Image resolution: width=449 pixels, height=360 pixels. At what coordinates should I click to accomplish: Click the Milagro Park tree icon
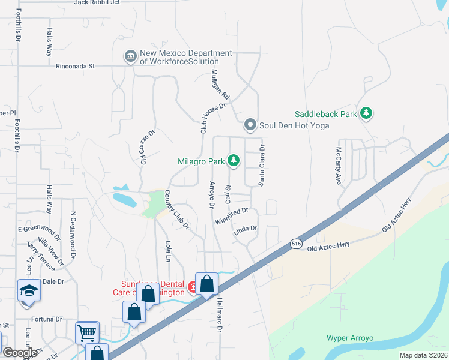pos(234,161)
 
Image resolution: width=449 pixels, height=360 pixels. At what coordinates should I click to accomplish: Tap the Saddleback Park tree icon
pos(366,113)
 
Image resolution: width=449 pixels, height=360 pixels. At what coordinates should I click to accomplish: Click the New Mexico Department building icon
pos(130,57)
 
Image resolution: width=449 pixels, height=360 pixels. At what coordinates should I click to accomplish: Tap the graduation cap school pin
pos(29,291)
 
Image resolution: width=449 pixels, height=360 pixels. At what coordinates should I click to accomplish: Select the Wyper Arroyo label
pos(350,338)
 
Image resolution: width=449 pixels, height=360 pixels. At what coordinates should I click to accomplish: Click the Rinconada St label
pos(75,67)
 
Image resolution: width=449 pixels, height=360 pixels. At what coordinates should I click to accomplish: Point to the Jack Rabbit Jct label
pos(97,2)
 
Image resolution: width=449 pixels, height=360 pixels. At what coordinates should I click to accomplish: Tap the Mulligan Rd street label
pos(221,84)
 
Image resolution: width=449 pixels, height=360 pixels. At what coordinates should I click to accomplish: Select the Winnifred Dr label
pos(232,216)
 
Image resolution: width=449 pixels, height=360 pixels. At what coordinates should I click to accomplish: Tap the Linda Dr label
pos(245,229)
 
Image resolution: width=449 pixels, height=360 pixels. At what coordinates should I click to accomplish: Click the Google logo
pos(20,353)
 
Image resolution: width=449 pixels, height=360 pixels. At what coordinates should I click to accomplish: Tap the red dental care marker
pos(193,288)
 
